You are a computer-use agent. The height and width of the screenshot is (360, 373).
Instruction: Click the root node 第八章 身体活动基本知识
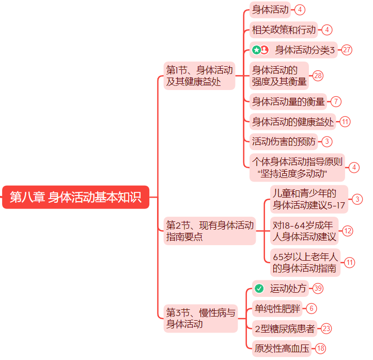tap(75, 197)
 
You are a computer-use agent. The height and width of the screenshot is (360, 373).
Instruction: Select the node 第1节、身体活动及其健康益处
tap(199, 76)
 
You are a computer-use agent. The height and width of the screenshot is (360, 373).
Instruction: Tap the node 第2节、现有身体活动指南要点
tap(209, 231)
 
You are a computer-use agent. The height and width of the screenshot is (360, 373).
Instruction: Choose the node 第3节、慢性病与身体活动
tap(200, 318)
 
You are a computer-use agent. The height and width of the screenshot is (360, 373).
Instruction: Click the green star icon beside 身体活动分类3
tap(256, 50)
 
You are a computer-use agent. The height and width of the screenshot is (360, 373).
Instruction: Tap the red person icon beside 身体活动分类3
tap(265, 50)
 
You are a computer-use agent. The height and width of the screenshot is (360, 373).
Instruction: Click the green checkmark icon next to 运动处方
tap(259, 289)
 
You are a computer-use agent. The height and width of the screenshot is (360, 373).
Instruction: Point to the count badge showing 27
tap(347, 50)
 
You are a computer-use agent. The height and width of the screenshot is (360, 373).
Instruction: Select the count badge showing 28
tap(318, 76)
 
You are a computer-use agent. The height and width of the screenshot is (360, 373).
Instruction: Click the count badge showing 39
tap(318, 289)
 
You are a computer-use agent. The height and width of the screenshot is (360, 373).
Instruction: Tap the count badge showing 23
tap(327, 328)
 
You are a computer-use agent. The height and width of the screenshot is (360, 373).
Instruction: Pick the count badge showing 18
tap(321, 349)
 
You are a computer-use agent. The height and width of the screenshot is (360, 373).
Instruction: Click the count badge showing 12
tap(348, 231)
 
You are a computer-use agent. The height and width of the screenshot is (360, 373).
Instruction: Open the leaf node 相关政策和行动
tap(284, 30)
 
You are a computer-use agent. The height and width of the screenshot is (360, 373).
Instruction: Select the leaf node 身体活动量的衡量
tap(288, 101)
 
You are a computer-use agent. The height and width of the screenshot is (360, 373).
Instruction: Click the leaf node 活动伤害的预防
tap(284, 141)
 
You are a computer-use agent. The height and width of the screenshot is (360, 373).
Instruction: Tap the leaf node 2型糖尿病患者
tap(285, 328)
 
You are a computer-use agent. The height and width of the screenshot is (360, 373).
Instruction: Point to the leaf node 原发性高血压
tap(282, 349)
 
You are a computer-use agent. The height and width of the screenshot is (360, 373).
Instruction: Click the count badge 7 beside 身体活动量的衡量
tap(336, 101)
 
